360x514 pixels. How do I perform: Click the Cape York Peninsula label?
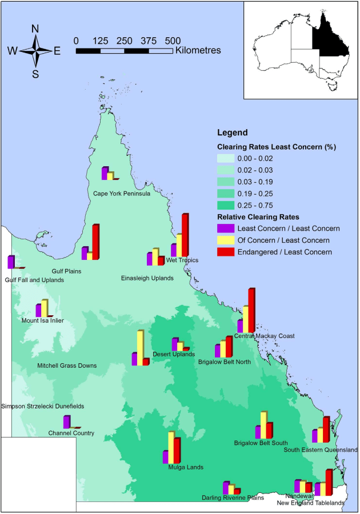(x=122, y=194)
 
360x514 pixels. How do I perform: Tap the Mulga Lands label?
(x=183, y=467)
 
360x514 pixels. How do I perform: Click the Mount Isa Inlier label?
(x=42, y=320)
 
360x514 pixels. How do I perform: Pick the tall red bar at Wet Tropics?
(x=185, y=235)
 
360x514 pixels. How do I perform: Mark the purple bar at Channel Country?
(x=66, y=421)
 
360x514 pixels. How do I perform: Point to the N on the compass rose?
(x=35, y=29)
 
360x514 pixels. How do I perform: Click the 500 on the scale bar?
(x=173, y=41)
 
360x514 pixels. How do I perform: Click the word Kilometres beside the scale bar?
(x=198, y=50)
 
